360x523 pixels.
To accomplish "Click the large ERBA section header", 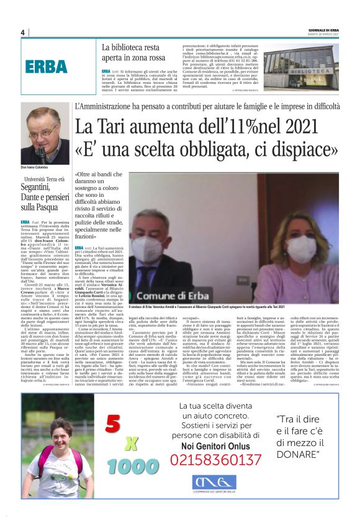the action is (x=47, y=66).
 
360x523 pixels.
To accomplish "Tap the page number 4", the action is (x=23, y=32).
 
